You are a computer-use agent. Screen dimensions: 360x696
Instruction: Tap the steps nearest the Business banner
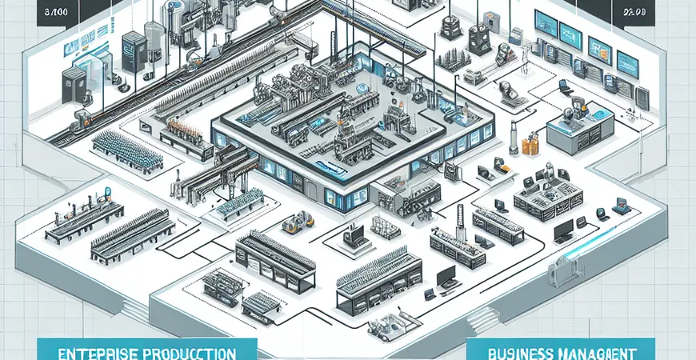click(x=482, y=322)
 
